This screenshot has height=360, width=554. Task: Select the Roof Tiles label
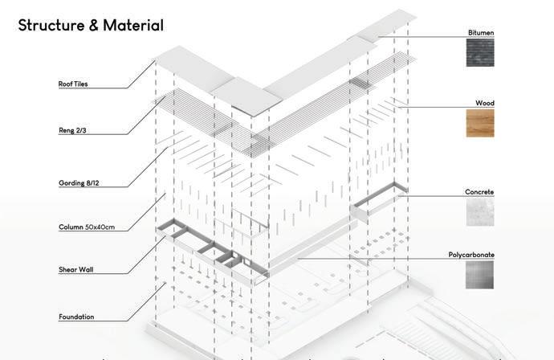click(x=73, y=84)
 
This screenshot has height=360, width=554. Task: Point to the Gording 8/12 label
click(x=79, y=182)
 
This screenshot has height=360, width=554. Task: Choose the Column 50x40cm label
click(x=87, y=227)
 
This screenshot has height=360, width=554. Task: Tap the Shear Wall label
click(x=75, y=269)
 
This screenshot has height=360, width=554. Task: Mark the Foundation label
click(x=76, y=317)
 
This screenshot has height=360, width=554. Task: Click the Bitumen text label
click(x=481, y=33)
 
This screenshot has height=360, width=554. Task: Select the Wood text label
click(x=484, y=104)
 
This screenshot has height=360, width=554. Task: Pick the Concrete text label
click(x=479, y=192)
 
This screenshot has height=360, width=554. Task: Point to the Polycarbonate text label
click(x=471, y=255)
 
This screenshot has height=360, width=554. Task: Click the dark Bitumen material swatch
click(x=480, y=53)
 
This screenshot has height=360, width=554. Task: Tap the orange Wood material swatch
click(x=480, y=123)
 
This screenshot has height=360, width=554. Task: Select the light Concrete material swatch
click(x=480, y=212)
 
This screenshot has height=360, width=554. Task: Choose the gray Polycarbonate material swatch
click(x=480, y=275)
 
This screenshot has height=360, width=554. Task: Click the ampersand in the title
click(x=94, y=26)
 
